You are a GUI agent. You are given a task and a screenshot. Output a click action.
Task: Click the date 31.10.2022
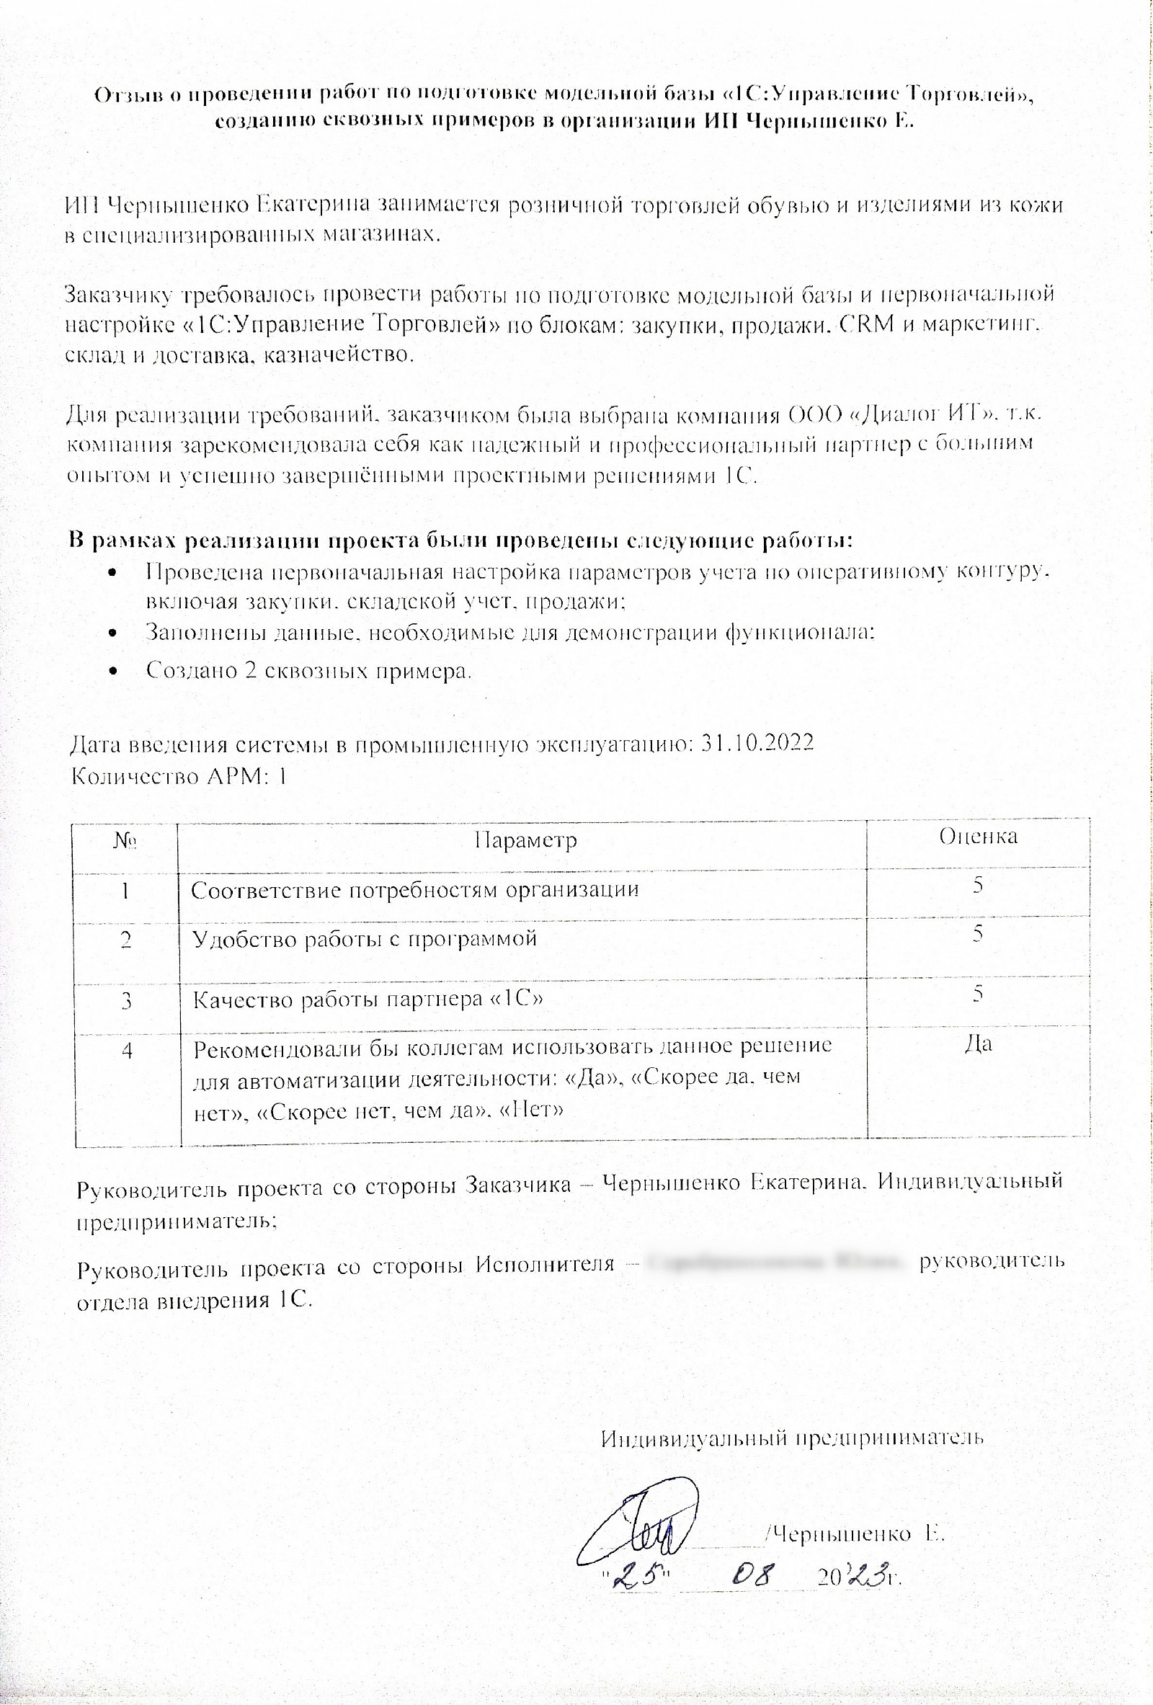tap(757, 743)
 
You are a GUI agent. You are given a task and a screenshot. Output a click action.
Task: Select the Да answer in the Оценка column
tap(978, 1044)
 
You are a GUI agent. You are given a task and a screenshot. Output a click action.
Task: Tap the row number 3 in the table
tap(127, 1001)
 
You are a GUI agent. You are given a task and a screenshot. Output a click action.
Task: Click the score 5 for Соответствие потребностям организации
tap(978, 885)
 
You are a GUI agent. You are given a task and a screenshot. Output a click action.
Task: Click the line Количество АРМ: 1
tap(178, 775)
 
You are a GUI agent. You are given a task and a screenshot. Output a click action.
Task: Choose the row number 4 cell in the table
tap(127, 1051)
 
